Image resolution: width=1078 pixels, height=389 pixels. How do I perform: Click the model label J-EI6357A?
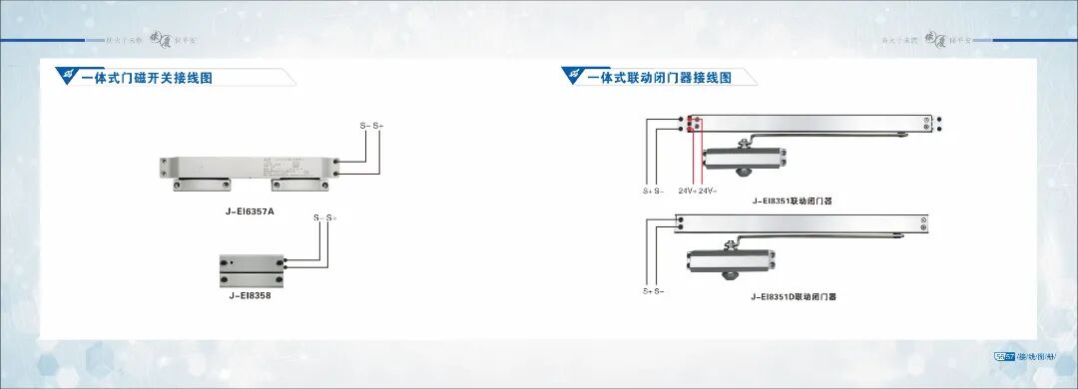coord(250,211)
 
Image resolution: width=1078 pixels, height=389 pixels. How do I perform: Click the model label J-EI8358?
coord(250,295)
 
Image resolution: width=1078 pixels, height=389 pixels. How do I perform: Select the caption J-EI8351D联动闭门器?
coord(794,296)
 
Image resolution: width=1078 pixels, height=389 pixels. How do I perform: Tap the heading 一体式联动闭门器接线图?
coord(659,77)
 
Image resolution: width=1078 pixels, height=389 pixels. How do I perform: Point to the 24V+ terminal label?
coord(688,190)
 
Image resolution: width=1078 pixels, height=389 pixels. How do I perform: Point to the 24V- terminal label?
coord(708,190)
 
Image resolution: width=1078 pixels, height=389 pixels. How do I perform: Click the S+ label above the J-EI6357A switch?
coord(378,126)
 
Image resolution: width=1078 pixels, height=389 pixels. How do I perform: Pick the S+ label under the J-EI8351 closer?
coord(647,190)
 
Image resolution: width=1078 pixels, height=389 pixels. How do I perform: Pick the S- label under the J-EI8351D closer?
coord(660,291)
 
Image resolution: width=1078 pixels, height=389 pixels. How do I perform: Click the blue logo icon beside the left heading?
coord(68,76)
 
